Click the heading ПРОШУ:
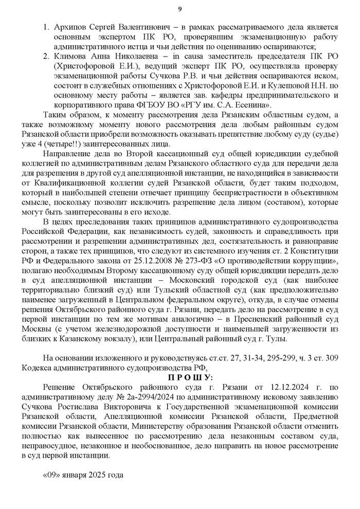tap(180, 378)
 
